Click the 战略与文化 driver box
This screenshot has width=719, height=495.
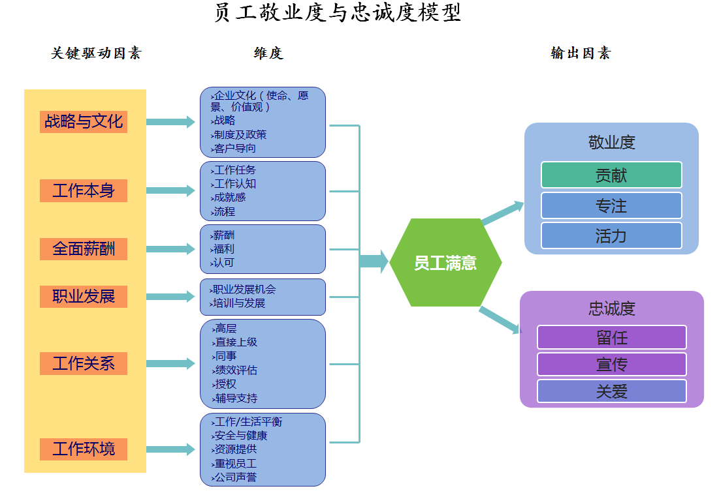[x=84, y=121]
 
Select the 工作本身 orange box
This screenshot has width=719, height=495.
[x=84, y=191]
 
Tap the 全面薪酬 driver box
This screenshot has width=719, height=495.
[x=84, y=249]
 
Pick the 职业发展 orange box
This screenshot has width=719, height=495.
[x=84, y=297]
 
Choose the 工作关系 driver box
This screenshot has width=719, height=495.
[x=84, y=363]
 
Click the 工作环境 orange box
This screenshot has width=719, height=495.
[x=84, y=449]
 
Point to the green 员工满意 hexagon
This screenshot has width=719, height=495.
[x=445, y=263]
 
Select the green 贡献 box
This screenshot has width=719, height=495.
[x=611, y=175]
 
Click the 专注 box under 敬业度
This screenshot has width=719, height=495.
[x=611, y=205]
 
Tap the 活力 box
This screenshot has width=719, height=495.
[x=611, y=235]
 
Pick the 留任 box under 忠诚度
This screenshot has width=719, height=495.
[x=612, y=337]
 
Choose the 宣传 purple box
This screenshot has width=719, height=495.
[x=612, y=364]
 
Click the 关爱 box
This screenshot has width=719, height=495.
[x=612, y=391]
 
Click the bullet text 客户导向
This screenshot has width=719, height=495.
[x=234, y=149]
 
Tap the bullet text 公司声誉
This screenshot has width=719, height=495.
[x=236, y=477]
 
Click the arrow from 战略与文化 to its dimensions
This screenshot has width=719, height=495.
[x=170, y=122]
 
